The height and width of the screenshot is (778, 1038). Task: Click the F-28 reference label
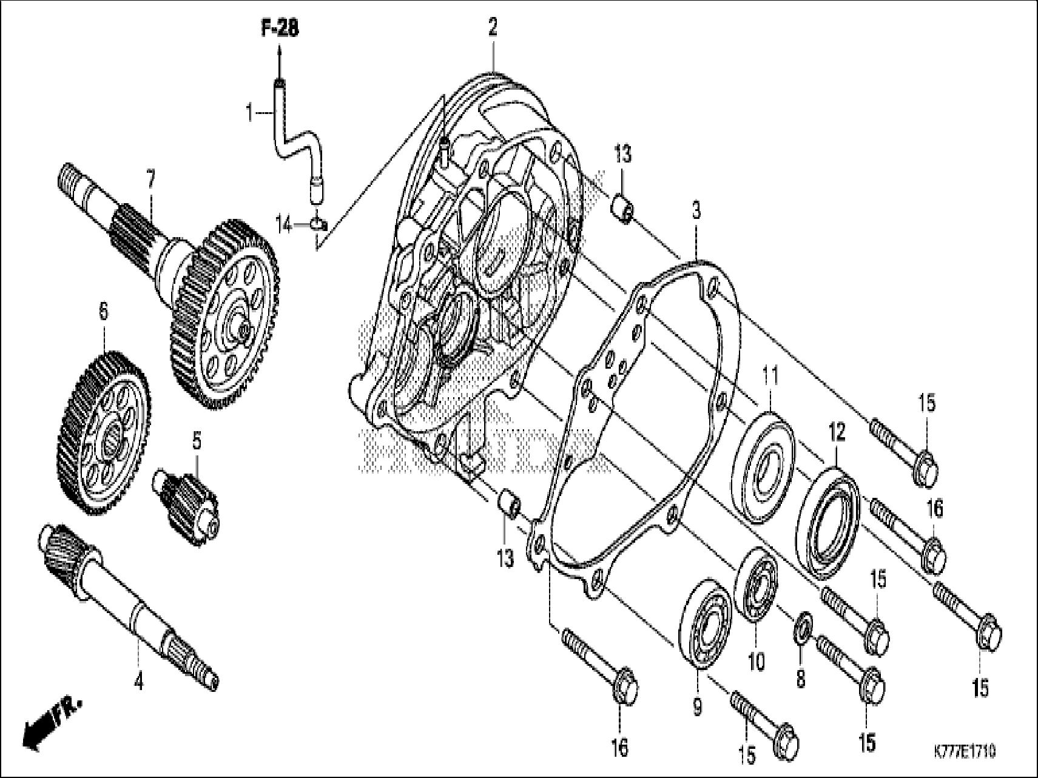point(280,29)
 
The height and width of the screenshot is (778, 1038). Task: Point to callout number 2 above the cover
point(493,27)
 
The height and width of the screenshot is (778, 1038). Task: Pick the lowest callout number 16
point(619,747)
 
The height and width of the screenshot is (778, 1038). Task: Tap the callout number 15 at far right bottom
point(980,688)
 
